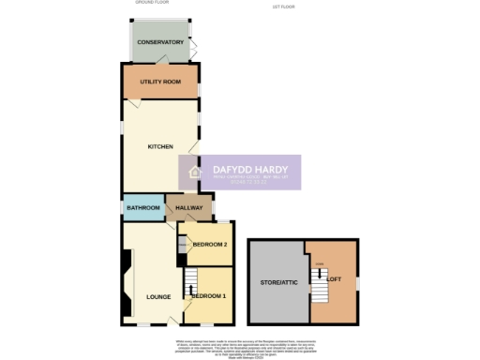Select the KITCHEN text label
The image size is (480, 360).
[161, 147]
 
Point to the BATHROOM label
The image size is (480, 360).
[142, 207]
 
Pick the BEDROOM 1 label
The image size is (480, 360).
[211, 297]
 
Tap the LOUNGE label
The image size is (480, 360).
[158, 297]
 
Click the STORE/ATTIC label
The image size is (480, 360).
[277, 282]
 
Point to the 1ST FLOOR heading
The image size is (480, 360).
[284, 7]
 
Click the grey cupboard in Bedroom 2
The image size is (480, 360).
[183, 247]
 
